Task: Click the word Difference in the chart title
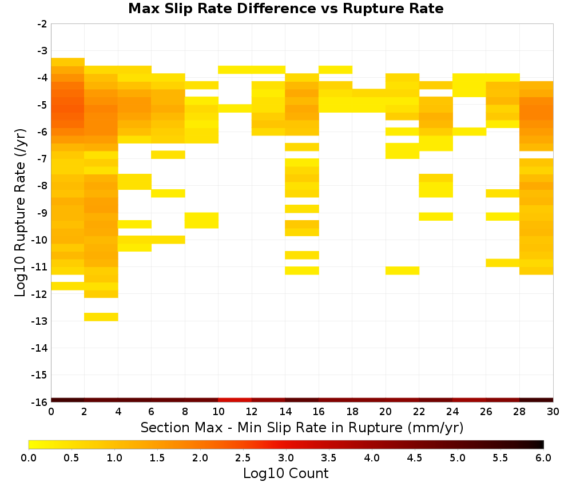point(276,8)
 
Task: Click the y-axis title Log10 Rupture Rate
point(20,213)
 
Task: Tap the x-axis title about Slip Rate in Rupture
point(301,427)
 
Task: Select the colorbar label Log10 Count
point(285,473)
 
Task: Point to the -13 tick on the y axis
point(39,321)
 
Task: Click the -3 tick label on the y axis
point(42,51)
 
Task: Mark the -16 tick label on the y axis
point(39,402)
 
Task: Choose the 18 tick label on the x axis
point(352,412)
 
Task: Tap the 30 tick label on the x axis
point(553,412)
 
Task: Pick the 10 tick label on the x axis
point(218,412)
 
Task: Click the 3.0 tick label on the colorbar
point(286,457)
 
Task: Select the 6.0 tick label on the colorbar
point(543,457)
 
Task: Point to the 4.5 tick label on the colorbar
point(415,457)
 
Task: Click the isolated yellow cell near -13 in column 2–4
point(101,317)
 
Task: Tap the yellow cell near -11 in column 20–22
point(402,270)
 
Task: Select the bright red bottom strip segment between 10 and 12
point(235,400)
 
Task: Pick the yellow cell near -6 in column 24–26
point(469,132)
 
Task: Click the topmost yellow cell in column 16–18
point(336,70)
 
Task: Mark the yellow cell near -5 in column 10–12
point(235,108)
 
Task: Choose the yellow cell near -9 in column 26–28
point(503,217)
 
